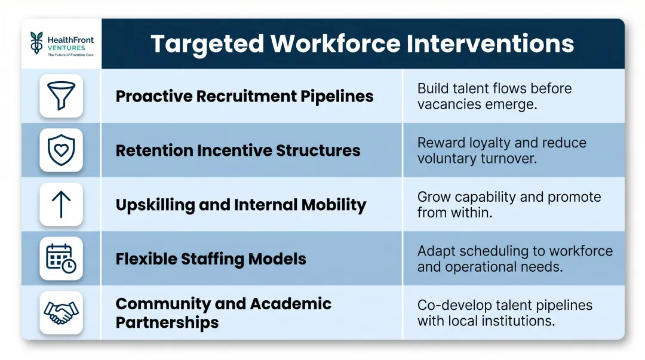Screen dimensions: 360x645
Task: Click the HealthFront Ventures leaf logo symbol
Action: coord(38,43)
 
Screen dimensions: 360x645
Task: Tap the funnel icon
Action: coord(61,96)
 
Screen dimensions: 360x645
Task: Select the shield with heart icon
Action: coord(61,150)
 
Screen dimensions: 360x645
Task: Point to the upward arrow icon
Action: coord(61,204)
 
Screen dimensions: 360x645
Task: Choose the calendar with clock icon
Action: coord(61,259)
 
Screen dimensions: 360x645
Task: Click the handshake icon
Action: coord(61,312)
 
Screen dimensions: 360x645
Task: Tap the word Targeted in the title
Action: coord(207,44)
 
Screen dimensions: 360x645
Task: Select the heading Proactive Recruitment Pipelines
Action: coord(244,96)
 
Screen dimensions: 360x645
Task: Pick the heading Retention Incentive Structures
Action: coord(238,150)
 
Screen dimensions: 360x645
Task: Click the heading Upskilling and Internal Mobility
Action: coord(241,205)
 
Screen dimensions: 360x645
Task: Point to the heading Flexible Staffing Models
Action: coord(211,259)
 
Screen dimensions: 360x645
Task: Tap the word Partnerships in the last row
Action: coord(167,322)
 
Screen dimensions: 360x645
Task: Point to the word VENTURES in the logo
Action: coord(67,48)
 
